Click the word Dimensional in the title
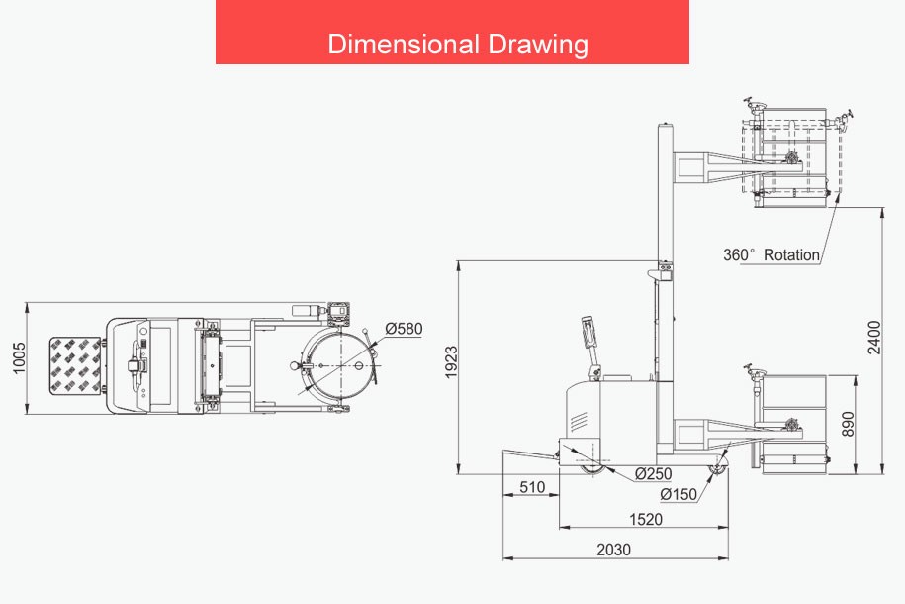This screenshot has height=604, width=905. point(404,44)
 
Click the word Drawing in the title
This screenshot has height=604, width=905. point(538,46)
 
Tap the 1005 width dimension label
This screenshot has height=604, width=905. point(19,358)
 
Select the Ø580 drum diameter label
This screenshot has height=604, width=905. point(404,329)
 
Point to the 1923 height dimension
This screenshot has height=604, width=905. point(451,362)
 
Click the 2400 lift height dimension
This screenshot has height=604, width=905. point(874,338)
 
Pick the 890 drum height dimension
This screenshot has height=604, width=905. point(848,424)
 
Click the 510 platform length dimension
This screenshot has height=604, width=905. point(532,487)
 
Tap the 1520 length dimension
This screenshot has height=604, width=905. point(646,519)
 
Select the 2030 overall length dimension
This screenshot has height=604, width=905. point(613,550)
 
